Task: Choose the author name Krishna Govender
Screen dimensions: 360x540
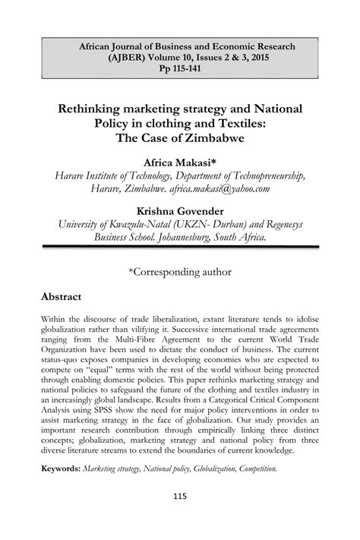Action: [x=180, y=209]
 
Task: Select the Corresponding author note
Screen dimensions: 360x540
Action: [x=180, y=270]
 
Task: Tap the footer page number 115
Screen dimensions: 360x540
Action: [x=180, y=520]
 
